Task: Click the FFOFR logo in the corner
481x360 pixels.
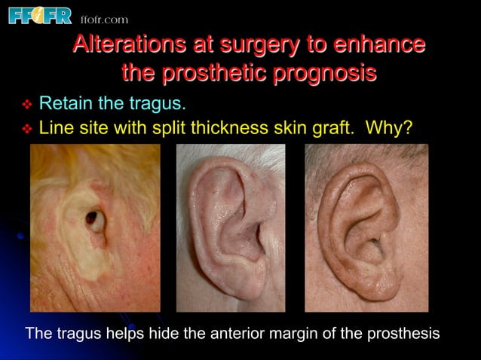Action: tap(39, 15)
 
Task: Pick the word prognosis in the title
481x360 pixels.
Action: tap(325, 74)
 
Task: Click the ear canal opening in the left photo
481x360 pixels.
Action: tap(93, 219)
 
